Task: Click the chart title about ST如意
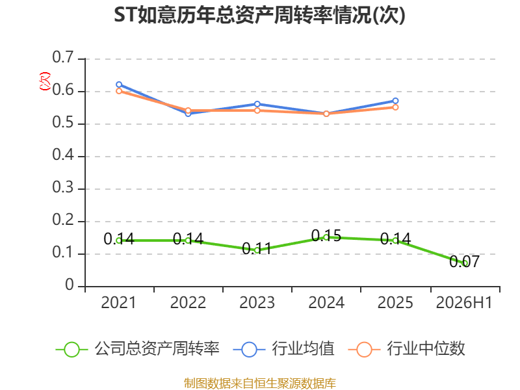tap(259, 15)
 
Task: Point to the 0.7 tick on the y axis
tap(63, 57)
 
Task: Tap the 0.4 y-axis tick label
tap(63, 155)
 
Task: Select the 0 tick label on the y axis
tap(70, 285)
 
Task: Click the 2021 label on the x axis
tap(118, 302)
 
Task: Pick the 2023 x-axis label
tap(257, 302)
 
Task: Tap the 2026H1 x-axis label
tap(464, 302)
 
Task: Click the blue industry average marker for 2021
tap(119, 84)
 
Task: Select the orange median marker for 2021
tap(119, 91)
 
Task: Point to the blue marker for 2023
tap(257, 104)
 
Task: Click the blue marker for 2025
tap(395, 101)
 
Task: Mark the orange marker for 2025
tap(395, 107)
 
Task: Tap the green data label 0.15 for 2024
tap(326, 236)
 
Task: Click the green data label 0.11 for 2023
tap(257, 248)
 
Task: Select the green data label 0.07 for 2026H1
tap(464, 262)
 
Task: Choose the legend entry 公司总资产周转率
tap(138, 349)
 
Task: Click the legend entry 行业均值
tap(284, 349)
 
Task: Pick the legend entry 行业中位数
tap(407, 349)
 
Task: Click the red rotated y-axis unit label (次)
tap(45, 81)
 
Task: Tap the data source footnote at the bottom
tap(260, 383)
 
